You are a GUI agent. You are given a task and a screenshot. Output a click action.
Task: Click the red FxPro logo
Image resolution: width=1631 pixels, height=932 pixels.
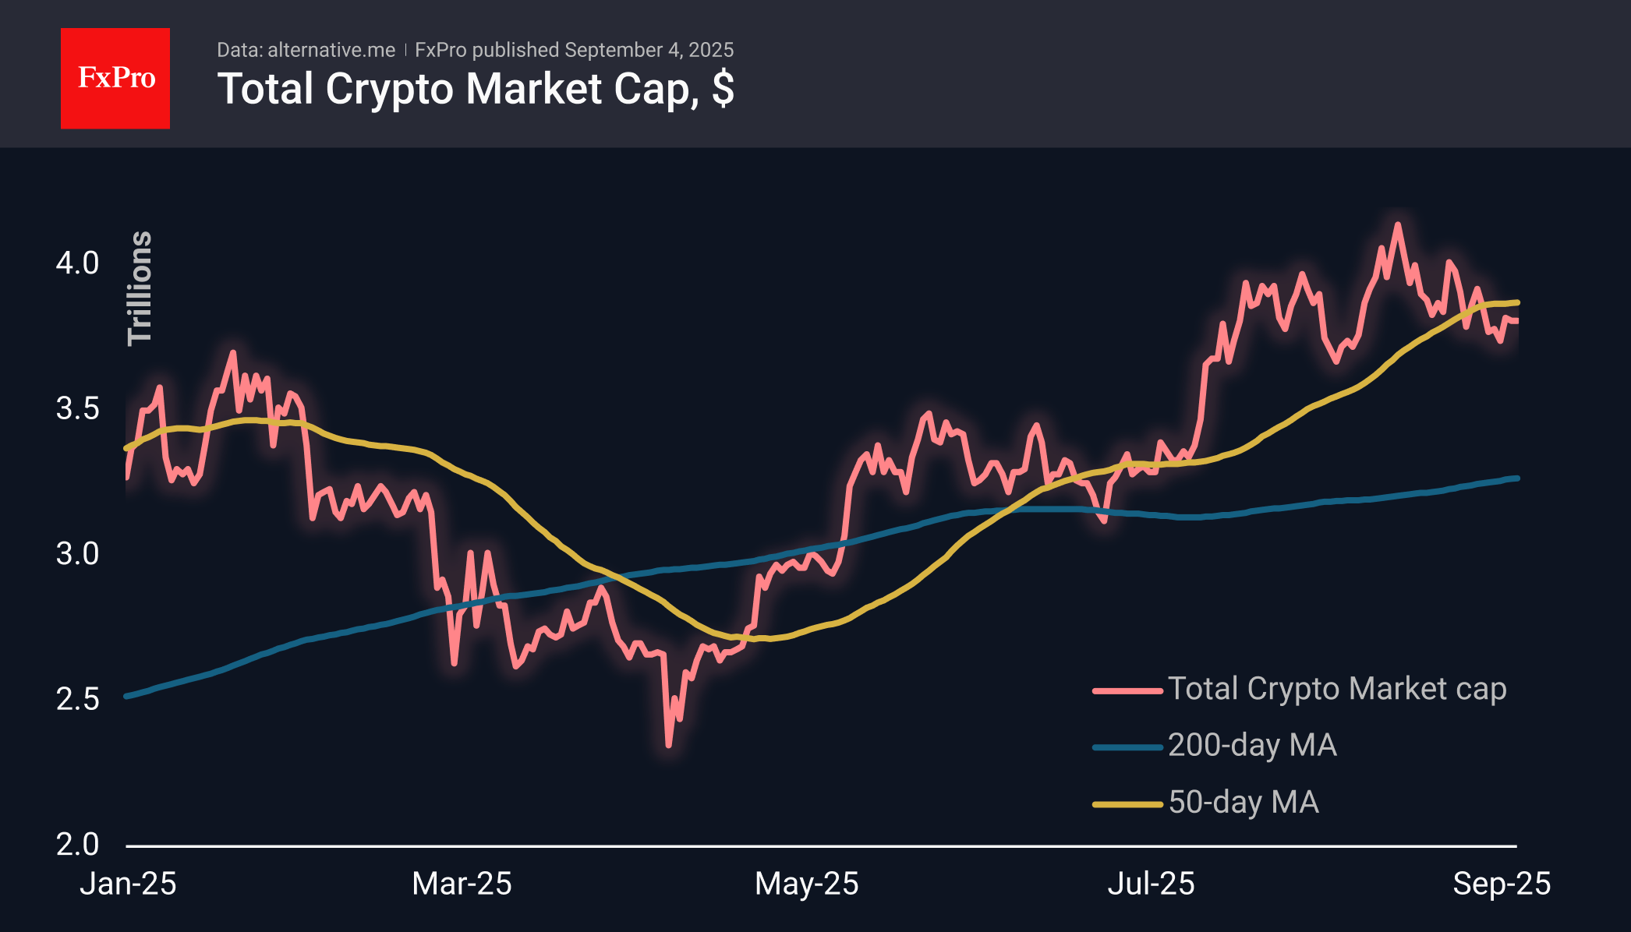point(115,79)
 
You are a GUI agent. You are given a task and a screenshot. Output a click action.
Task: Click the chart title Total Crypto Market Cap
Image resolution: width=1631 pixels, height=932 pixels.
point(475,89)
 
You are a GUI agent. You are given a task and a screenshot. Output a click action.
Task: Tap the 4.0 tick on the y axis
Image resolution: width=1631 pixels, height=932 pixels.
point(77,263)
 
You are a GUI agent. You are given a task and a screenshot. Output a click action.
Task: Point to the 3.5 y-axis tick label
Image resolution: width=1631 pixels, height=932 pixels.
point(77,408)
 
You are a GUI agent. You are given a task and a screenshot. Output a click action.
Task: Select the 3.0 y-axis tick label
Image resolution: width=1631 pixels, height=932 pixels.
point(77,554)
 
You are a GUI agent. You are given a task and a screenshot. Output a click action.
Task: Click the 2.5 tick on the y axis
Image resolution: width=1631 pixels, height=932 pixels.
point(77,699)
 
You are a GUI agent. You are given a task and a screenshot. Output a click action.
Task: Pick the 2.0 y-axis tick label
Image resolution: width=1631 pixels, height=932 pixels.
point(77,845)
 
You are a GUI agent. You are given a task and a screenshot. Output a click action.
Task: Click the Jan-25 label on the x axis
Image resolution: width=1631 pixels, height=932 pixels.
point(129,884)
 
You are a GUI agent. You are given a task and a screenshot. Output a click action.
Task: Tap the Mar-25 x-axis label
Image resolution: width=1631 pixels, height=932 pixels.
point(462,884)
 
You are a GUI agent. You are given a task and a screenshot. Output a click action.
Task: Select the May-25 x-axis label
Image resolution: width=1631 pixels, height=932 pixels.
point(807,884)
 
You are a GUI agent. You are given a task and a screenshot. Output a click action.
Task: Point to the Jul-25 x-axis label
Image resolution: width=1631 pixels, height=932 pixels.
point(1152,884)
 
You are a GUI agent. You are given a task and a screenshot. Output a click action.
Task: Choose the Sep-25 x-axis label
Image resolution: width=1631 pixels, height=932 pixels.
point(1502,884)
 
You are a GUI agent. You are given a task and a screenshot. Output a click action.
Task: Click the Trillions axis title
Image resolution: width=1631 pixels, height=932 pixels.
point(140,288)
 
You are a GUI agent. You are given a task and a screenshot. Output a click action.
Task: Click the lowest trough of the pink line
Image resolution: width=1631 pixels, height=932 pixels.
point(668,745)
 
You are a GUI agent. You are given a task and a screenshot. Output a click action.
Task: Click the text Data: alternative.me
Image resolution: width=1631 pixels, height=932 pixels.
point(306,51)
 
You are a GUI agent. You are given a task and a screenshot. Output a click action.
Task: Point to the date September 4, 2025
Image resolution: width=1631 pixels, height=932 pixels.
point(649,51)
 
